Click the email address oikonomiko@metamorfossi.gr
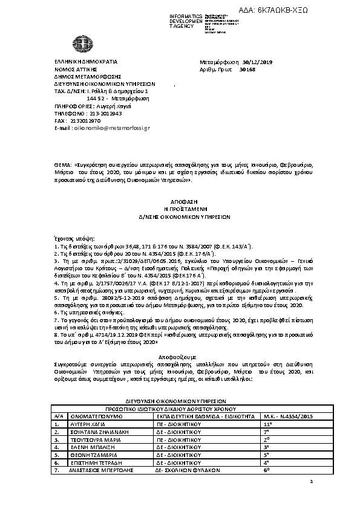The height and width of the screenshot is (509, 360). [x=111, y=128]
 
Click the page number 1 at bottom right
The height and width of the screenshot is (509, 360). [x=310, y=482]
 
